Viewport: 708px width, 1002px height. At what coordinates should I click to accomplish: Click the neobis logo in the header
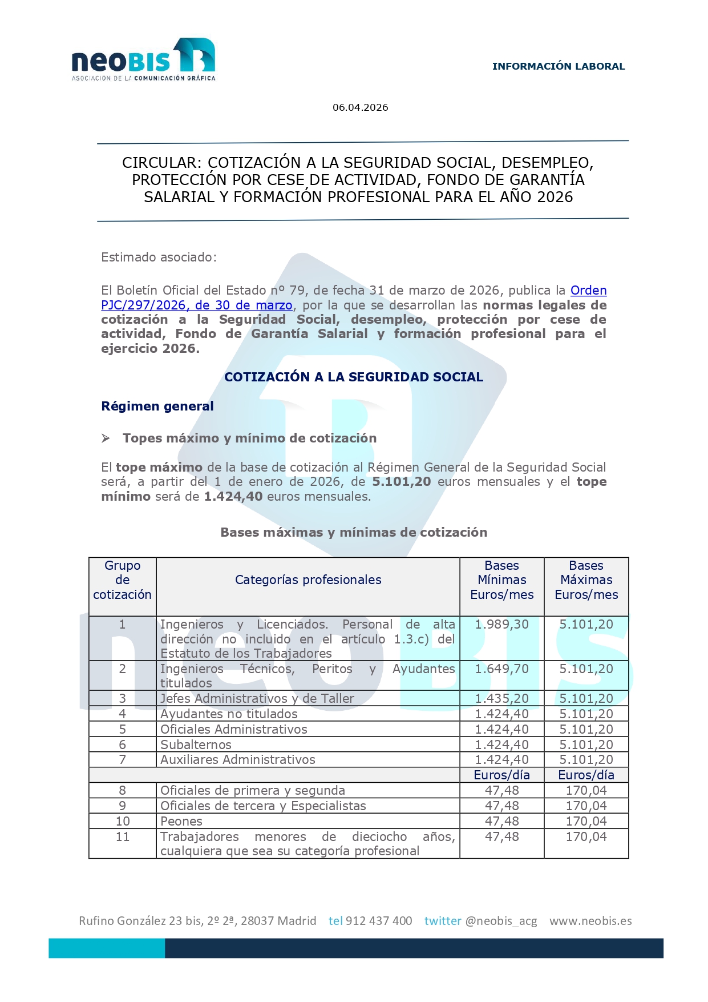(143, 59)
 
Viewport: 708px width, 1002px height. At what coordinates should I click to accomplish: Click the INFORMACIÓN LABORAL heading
(558, 66)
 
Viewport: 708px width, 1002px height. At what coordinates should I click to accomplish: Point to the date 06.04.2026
(360, 107)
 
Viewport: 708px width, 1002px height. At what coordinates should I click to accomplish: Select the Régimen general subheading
(157, 406)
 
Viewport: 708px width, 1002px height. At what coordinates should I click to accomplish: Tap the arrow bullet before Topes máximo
(106, 438)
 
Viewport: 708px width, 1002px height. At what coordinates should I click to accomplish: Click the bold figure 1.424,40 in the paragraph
(233, 496)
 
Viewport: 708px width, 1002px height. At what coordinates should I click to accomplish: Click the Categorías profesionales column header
(308, 580)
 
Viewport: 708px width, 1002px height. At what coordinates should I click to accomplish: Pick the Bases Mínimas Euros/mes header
(501, 580)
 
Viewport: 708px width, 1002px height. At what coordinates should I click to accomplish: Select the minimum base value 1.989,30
(501, 624)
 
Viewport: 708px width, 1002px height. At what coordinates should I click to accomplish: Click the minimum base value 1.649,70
(501, 669)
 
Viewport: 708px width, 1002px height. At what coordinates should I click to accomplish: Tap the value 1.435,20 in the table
(501, 698)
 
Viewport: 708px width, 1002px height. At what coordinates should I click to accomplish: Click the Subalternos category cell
(196, 745)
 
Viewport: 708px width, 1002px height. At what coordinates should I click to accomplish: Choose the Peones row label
(181, 821)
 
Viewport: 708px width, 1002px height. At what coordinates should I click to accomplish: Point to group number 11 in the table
(123, 836)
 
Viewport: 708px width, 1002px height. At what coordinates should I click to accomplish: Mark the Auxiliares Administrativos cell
(237, 759)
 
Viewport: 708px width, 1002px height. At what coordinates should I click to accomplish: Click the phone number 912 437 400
(379, 920)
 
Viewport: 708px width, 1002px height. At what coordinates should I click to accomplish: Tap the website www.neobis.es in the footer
(590, 920)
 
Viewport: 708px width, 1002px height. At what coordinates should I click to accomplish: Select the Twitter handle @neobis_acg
(501, 920)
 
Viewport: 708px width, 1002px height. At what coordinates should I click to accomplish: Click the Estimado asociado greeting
(159, 257)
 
